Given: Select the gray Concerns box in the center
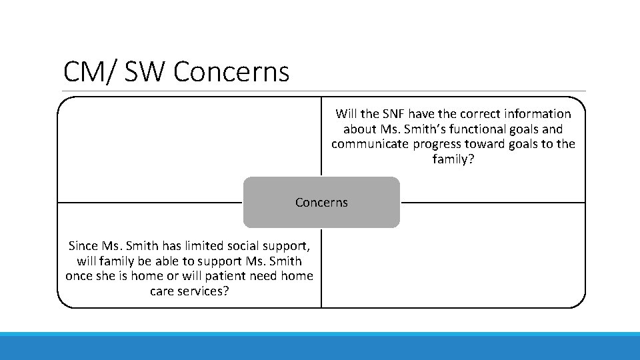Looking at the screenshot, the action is click(321, 202).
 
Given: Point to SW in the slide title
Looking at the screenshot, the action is click(145, 72).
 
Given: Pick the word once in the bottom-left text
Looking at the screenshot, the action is click(81, 276).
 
